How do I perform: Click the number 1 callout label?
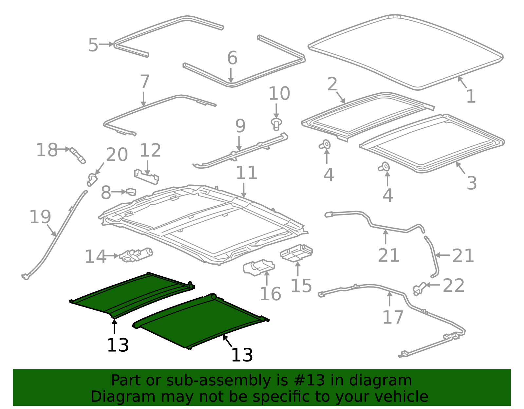(471, 97)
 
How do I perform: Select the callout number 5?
(93, 45)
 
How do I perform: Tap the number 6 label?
(232, 58)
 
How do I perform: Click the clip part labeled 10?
(276, 124)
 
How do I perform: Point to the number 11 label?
(246, 173)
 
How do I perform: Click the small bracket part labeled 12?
(146, 177)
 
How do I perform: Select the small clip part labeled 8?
(131, 192)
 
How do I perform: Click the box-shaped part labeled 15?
(296, 252)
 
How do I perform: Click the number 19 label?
(40, 217)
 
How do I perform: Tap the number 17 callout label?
(393, 317)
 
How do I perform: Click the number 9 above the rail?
(240, 126)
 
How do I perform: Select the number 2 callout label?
(332, 84)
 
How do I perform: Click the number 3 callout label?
(471, 183)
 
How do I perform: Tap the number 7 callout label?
(144, 82)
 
